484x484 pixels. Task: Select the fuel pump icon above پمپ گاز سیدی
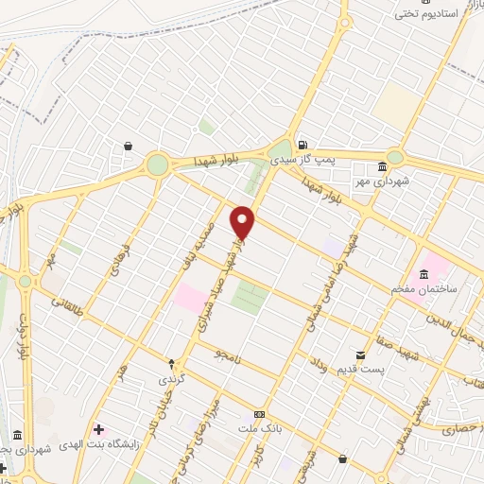(302, 146)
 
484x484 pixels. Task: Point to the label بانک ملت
(259, 429)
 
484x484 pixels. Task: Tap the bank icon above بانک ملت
(259, 415)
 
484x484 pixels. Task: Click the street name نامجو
(226, 355)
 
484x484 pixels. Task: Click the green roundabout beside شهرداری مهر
(395, 158)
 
